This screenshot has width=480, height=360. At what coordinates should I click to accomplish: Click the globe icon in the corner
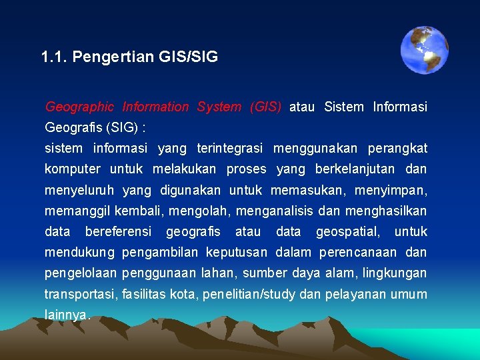point(424,50)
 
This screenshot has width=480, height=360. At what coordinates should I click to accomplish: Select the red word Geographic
point(79,107)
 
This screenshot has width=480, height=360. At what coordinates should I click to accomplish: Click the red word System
point(219,107)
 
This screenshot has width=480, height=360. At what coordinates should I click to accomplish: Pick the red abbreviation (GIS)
point(265,107)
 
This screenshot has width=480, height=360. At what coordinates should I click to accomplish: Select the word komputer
point(72,169)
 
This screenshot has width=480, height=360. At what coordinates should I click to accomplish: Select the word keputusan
point(237,252)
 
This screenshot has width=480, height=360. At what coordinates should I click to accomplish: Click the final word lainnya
point(66,315)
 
